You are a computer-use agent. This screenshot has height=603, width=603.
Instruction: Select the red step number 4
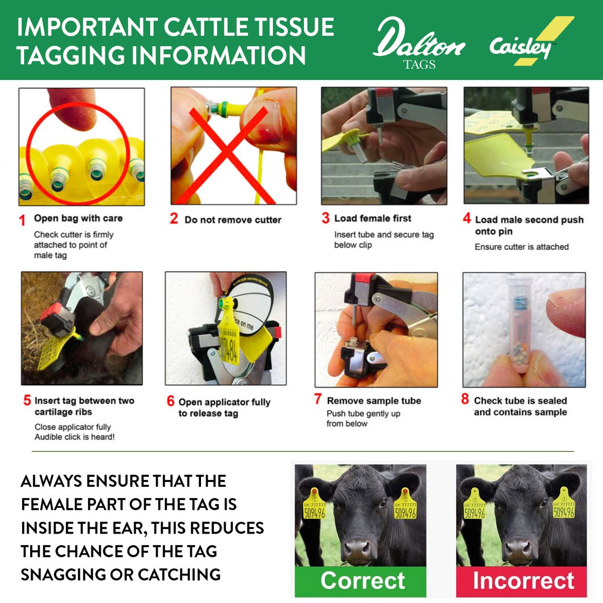click(x=467, y=219)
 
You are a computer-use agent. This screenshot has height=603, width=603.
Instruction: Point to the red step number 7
click(x=318, y=399)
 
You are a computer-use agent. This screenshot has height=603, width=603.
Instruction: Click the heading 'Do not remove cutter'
click(x=233, y=220)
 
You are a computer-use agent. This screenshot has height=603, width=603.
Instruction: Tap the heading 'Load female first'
click(x=372, y=218)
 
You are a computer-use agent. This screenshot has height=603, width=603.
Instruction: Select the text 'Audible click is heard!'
click(x=74, y=437)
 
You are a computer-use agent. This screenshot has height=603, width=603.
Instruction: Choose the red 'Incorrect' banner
click(x=523, y=581)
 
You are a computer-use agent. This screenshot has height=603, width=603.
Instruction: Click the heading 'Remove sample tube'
click(x=374, y=400)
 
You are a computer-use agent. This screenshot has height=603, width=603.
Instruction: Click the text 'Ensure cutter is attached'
click(x=522, y=247)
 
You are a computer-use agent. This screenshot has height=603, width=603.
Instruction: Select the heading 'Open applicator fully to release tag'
click(x=224, y=408)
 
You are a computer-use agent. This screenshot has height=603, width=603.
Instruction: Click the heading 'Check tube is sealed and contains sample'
click(x=520, y=406)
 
